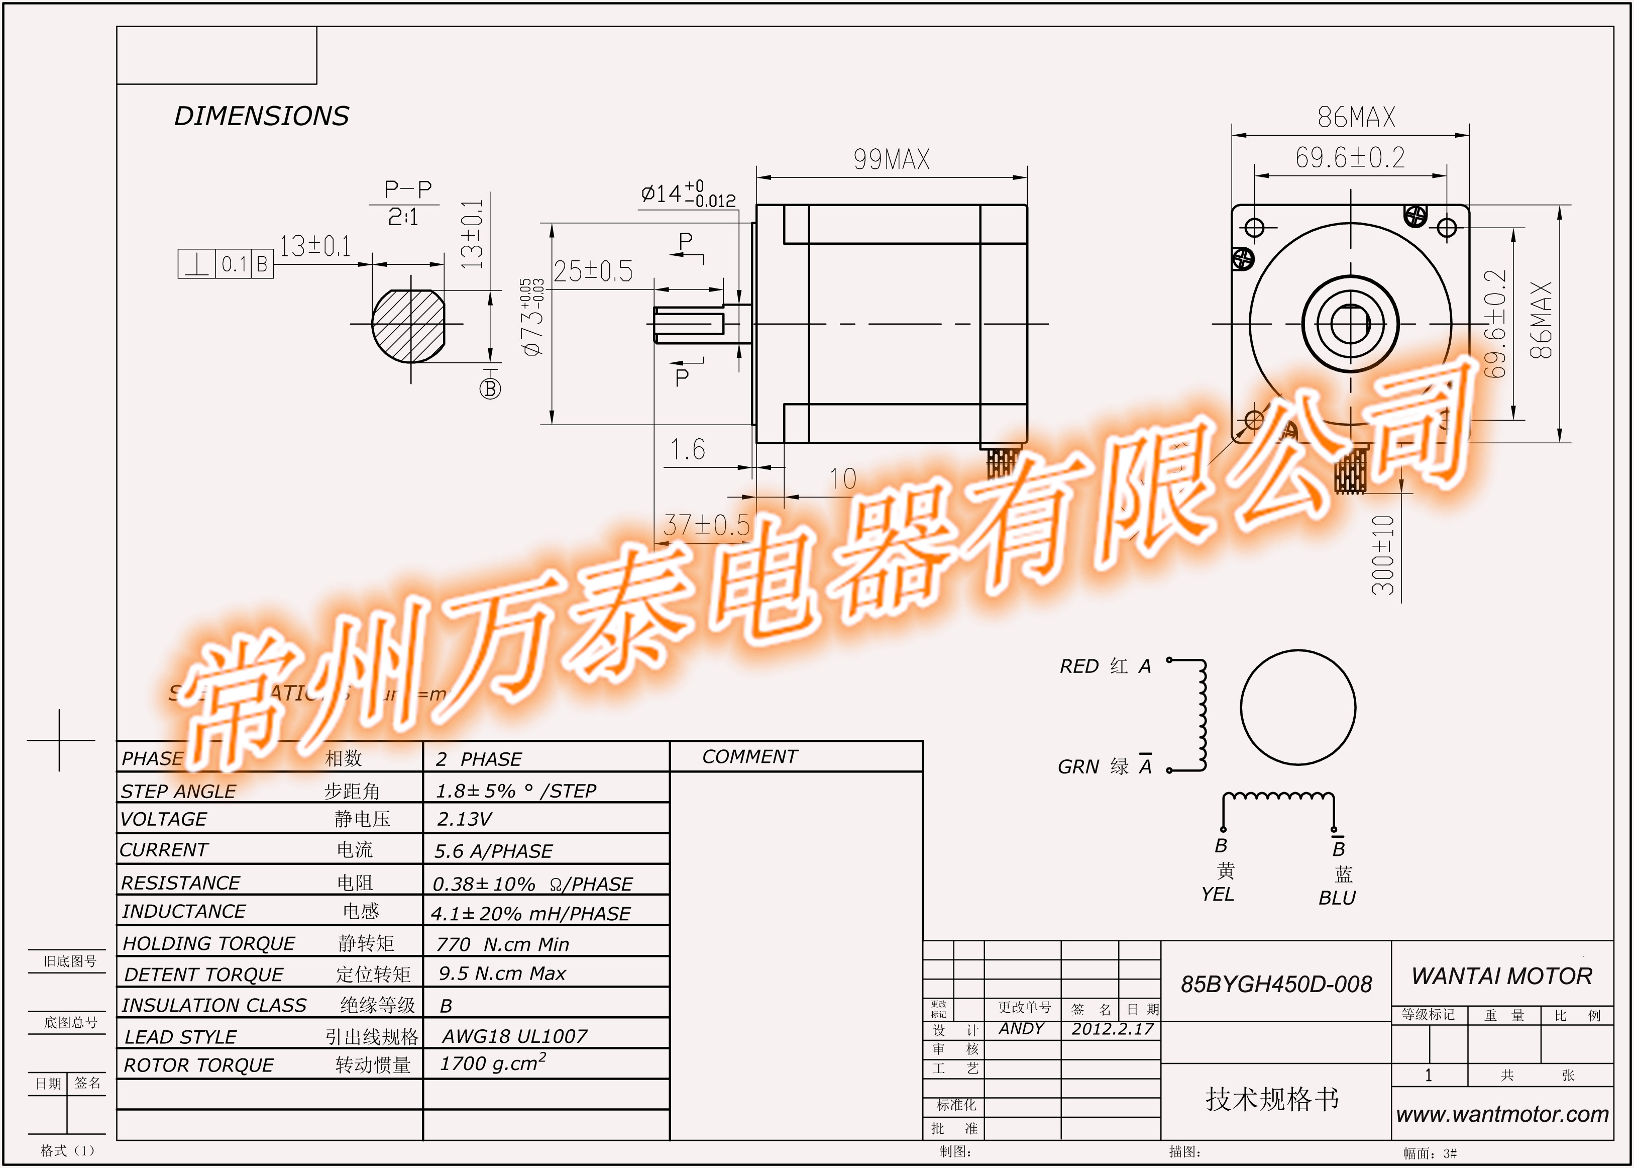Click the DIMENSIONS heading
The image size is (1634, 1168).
pyautogui.click(x=262, y=116)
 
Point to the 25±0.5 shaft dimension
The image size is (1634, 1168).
pyautogui.click(x=593, y=271)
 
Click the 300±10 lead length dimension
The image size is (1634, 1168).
pyautogui.click(x=1383, y=555)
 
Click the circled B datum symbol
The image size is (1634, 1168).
pyautogui.click(x=490, y=389)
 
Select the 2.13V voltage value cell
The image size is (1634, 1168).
pyautogui.click(x=465, y=819)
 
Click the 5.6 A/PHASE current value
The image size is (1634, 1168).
pyautogui.click(x=493, y=851)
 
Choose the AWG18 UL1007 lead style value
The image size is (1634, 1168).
pyautogui.click(x=515, y=1036)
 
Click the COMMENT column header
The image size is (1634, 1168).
pyautogui.click(x=750, y=756)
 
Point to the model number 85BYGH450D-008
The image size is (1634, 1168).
pyautogui.click(x=1276, y=984)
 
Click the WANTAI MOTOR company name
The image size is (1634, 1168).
pyautogui.click(x=1502, y=976)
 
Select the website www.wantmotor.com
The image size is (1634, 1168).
pyautogui.click(x=1502, y=1114)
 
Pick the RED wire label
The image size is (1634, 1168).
pyautogui.click(x=1079, y=667)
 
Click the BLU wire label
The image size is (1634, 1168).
pyautogui.click(x=1337, y=898)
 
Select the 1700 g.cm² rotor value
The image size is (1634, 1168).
pyautogui.click(x=493, y=1063)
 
